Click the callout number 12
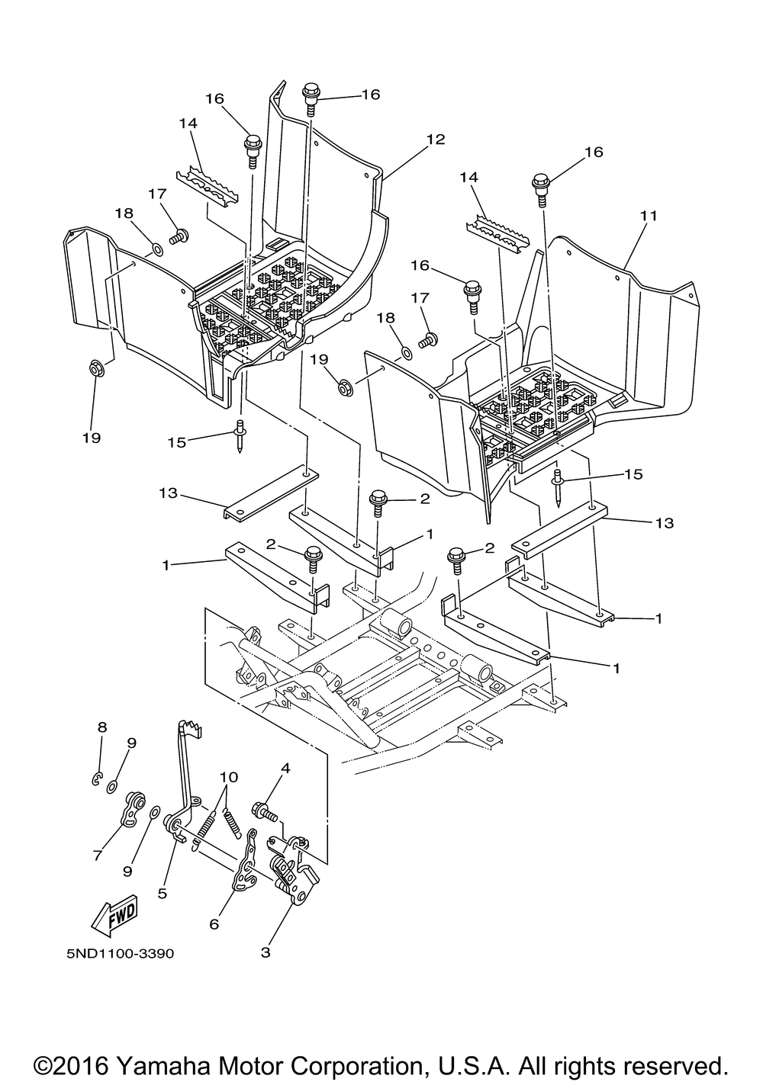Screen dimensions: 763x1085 click(x=436, y=140)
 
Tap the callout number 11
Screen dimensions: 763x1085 click(x=649, y=216)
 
